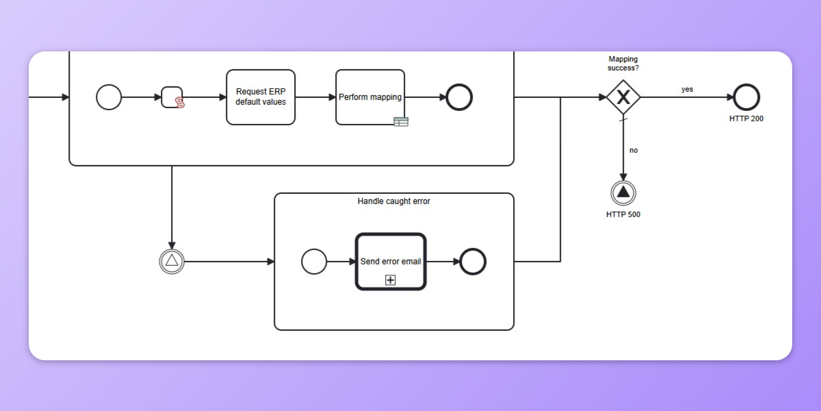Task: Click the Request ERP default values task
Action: point(261,97)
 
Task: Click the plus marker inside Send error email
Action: point(391,279)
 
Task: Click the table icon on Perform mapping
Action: point(401,122)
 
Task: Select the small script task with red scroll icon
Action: point(172,97)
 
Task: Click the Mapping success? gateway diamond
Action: point(623,97)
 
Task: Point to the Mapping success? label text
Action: point(623,64)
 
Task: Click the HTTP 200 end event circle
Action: point(746,97)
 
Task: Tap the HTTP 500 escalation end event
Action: point(623,193)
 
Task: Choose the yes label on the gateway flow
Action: point(687,89)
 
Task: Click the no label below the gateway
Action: point(634,150)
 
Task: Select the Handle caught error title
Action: point(394,201)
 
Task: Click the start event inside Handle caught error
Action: point(314,262)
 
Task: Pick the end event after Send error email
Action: point(473,262)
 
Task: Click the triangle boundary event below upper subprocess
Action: point(172,261)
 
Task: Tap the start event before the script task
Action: point(109,97)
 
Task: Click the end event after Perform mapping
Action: point(459,97)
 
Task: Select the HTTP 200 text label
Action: point(746,119)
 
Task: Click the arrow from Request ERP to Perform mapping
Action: point(315,97)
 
